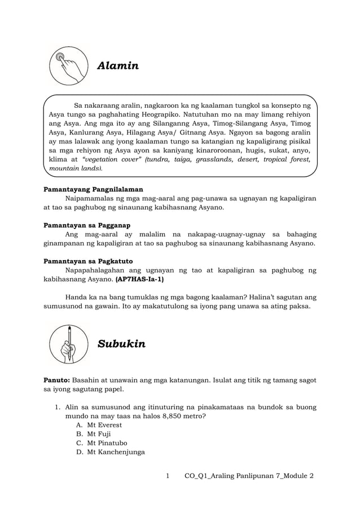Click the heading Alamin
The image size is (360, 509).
coord(118,66)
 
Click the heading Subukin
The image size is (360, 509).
coord(121,344)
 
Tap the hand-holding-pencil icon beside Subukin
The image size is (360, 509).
coord(69,344)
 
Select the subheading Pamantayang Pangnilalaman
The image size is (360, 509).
coord(93,189)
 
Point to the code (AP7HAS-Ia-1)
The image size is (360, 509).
coord(141,279)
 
